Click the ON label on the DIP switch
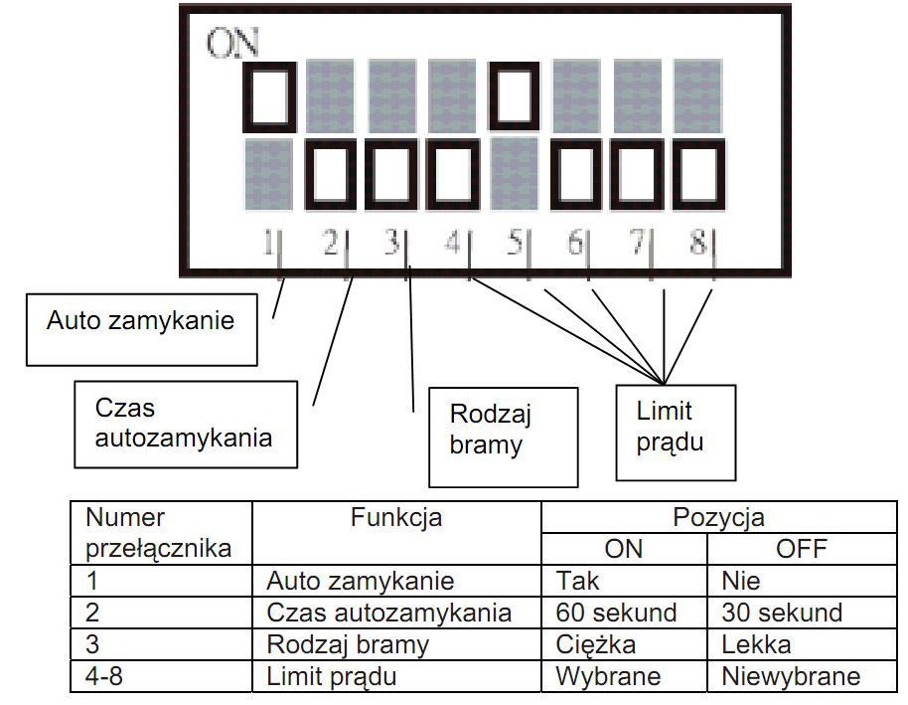(x=232, y=43)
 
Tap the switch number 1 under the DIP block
(x=268, y=242)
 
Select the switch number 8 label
(x=698, y=242)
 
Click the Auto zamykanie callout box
(x=142, y=329)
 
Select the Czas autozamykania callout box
(x=186, y=425)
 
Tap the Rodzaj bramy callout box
(x=504, y=438)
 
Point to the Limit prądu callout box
(x=676, y=433)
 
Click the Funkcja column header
(x=396, y=517)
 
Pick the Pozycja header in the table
(x=718, y=517)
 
